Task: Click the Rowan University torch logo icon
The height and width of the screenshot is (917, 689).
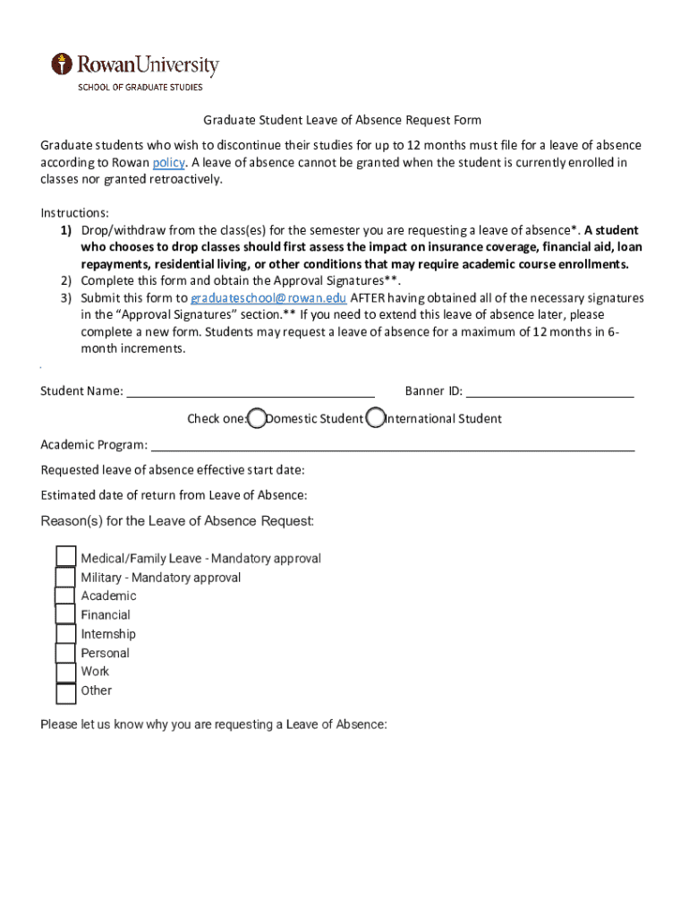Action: point(61,64)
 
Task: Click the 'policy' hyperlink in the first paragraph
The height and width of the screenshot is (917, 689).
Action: point(168,162)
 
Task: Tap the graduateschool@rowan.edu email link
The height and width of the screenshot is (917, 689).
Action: point(268,298)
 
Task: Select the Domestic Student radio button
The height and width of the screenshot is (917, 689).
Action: point(257,418)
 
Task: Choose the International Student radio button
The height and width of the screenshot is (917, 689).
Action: point(376,418)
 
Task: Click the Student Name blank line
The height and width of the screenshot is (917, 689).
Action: point(251,391)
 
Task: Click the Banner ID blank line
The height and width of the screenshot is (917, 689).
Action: point(549,391)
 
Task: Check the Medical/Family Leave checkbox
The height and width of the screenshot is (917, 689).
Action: point(65,557)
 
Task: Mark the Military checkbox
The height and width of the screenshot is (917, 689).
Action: point(65,577)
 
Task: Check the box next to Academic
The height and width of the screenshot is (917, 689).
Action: point(65,596)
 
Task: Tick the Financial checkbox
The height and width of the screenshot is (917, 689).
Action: point(65,614)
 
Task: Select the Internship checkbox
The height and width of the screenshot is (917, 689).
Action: point(65,634)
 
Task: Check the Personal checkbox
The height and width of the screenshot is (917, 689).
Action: point(65,653)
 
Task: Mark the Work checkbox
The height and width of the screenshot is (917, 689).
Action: point(65,672)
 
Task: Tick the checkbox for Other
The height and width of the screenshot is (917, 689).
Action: point(65,692)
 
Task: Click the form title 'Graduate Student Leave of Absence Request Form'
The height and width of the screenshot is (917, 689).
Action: point(342,120)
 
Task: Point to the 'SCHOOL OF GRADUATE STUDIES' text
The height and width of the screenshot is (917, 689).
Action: point(140,87)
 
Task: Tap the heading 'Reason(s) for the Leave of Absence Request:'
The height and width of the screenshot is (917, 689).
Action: point(177,521)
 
